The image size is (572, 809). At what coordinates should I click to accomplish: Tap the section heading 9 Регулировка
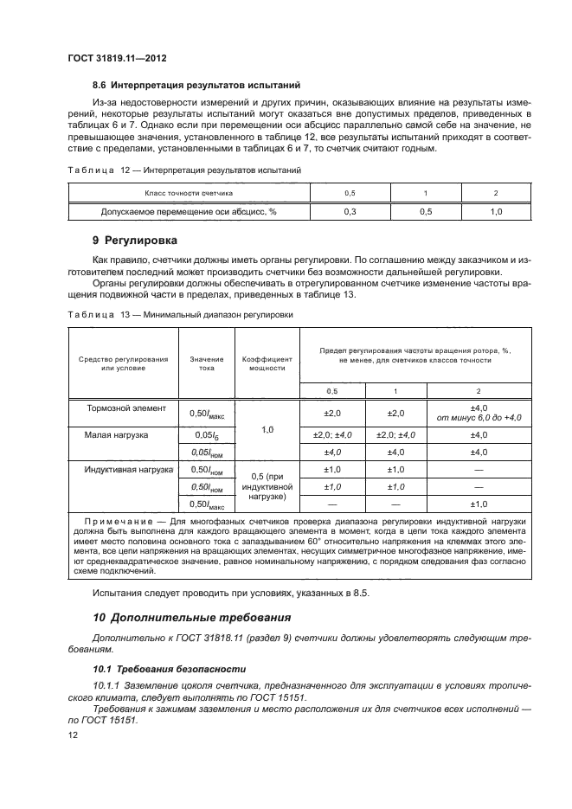tap(139, 239)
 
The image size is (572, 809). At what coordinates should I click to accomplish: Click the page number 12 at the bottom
tap(73, 734)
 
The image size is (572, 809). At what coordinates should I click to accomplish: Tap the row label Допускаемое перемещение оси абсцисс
tap(189, 211)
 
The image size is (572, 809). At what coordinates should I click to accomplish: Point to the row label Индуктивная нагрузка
tap(125, 471)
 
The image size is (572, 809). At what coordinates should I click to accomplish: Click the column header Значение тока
tap(200, 362)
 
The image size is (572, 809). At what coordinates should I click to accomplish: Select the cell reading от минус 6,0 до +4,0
tap(478, 418)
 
